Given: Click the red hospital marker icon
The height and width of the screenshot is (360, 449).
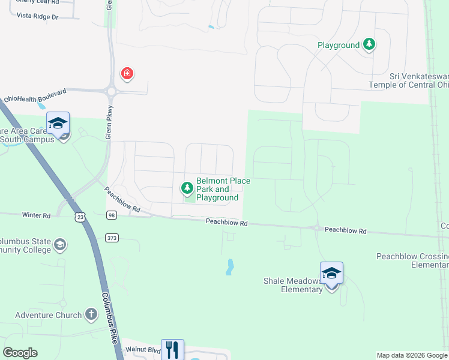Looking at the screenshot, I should (x=127, y=74).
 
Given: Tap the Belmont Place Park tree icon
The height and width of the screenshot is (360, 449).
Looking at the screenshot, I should (x=187, y=189).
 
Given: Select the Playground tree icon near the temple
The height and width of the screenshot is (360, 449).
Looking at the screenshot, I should (x=370, y=45).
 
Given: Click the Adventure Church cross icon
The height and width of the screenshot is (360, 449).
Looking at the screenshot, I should (x=91, y=314).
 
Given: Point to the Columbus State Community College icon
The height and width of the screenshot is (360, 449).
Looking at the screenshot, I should (x=59, y=245).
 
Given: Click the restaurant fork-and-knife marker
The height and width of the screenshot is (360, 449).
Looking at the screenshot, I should (x=172, y=349).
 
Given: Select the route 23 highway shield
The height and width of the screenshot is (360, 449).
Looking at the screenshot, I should (x=81, y=217).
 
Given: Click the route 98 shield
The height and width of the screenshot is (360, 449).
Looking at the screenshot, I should (x=112, y=215).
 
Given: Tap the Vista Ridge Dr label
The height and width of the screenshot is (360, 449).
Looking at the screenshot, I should (x=38, y=17).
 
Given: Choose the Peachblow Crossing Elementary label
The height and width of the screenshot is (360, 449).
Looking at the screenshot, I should (x=412, y=260).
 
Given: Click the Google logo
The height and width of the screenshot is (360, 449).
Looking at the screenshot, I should (x=20, y=353).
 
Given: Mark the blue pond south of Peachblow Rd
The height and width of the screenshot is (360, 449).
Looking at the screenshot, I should (x=229, y=266).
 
